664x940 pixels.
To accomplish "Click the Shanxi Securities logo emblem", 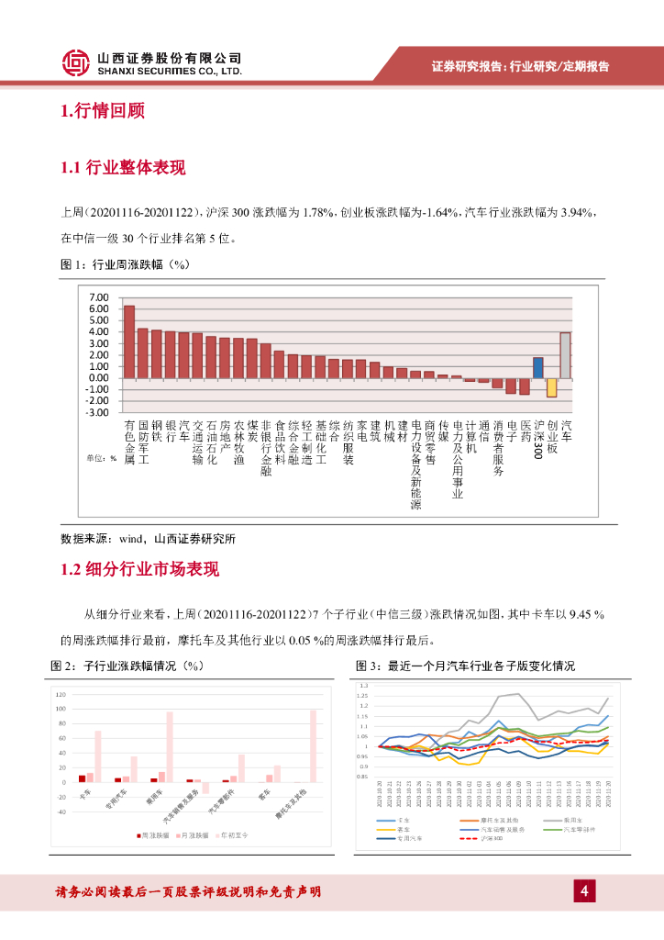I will [77, 62].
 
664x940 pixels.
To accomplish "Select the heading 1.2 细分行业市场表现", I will [139, 569].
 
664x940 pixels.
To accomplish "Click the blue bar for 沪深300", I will [538, 367].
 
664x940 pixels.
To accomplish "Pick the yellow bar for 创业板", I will [552, 386].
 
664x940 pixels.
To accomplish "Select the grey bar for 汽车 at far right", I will [566, 354].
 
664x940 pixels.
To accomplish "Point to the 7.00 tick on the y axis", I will [97, 297].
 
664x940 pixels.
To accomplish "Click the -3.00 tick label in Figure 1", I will [96, 412].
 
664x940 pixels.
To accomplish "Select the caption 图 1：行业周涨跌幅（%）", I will [124, 264].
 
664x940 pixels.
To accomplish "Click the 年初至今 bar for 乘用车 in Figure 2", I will [170, 747].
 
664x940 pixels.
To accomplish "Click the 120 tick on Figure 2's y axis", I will [61, 695].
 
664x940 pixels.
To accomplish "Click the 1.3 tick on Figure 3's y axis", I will [364, 686].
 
